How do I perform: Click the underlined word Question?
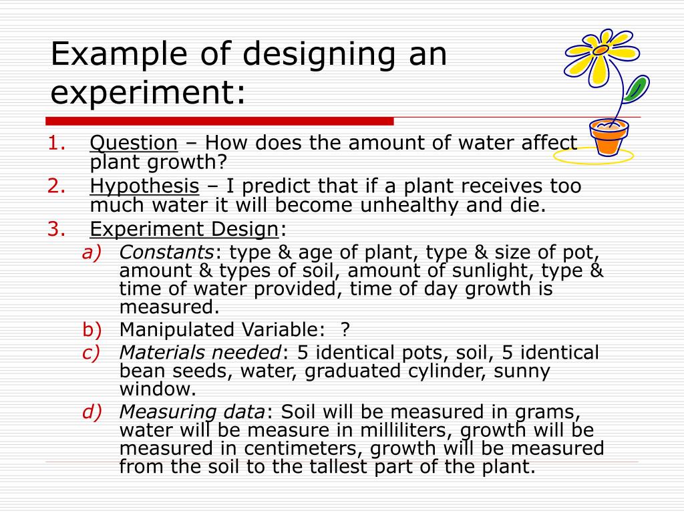(x=134, y=143)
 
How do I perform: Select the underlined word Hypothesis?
(x=144, y=186)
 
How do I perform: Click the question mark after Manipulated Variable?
(x=345, y=329)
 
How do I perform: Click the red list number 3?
(x=55, y=229)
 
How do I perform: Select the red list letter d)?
(x=92, y=412)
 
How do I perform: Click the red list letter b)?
(x=92, y=329)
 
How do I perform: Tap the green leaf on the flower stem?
(x=637, y=88)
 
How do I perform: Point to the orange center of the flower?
(x=601, y=50)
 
